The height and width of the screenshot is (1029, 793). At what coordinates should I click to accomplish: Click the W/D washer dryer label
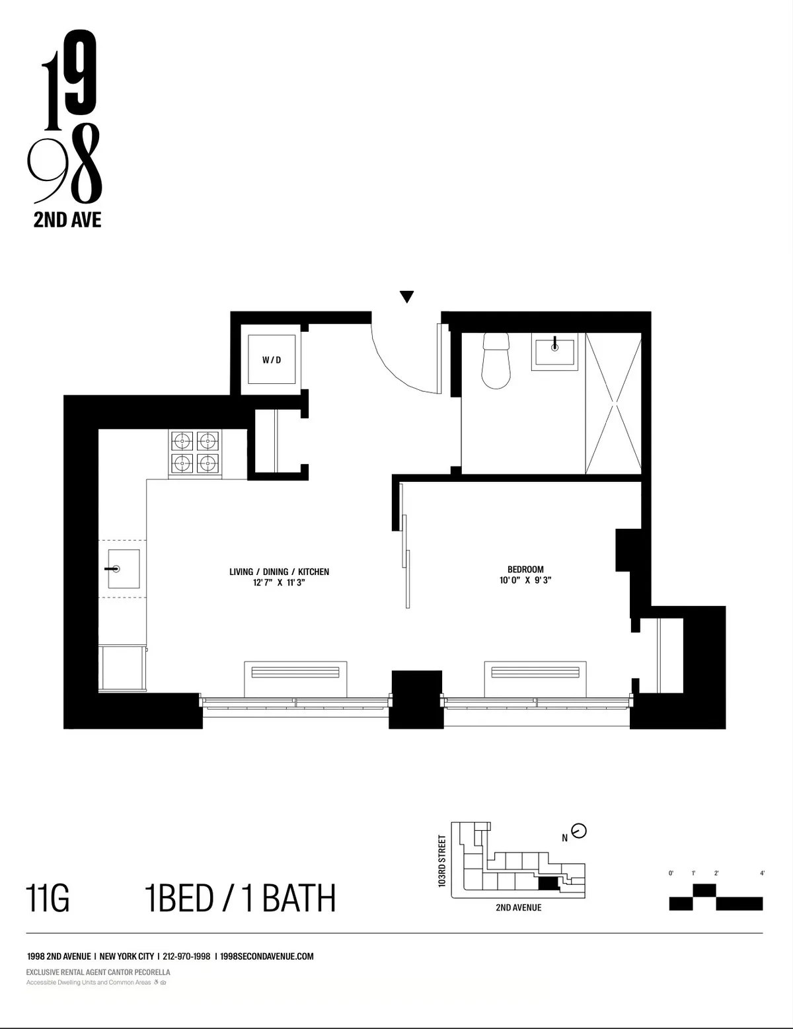point(271,360)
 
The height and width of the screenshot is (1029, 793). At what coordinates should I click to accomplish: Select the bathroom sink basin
point(554,350)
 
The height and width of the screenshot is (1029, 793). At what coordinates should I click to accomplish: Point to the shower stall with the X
point(613,403)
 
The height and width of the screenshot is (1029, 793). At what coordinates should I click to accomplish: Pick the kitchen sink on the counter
point(123,568)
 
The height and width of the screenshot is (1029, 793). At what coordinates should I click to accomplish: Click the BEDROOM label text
point(525,569)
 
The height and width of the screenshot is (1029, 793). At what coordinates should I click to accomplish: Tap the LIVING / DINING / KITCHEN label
point(279,572)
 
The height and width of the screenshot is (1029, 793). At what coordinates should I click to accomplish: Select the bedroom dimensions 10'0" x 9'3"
point(525,581)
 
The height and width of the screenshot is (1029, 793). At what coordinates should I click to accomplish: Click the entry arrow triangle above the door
point(407,297)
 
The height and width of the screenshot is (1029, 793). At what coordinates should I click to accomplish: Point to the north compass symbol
point(579,831)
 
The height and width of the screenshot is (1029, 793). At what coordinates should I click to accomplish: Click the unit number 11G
point(48,899)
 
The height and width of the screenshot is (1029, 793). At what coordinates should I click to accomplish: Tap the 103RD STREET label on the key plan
point(442,860)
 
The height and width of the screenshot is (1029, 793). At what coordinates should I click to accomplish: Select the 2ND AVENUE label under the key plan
point(518,907)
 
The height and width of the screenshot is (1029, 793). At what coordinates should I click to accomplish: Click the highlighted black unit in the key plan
point(548,884)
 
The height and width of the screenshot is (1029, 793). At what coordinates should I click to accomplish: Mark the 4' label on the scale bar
point(762,874)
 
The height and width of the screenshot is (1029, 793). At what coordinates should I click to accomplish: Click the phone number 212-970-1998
point(186,956)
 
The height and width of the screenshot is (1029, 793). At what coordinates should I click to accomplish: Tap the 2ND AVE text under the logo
point(67,220)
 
